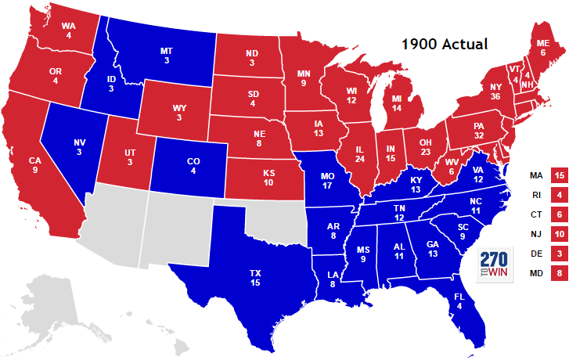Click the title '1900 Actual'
[x=445, y=45]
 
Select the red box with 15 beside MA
[x=559, y=175]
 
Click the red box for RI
[x=559, y=194]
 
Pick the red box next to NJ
[x=559, y=234]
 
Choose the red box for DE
[x=559, y=254]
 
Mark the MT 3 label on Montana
[x=166, y=56]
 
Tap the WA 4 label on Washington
[x=68, y=30]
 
